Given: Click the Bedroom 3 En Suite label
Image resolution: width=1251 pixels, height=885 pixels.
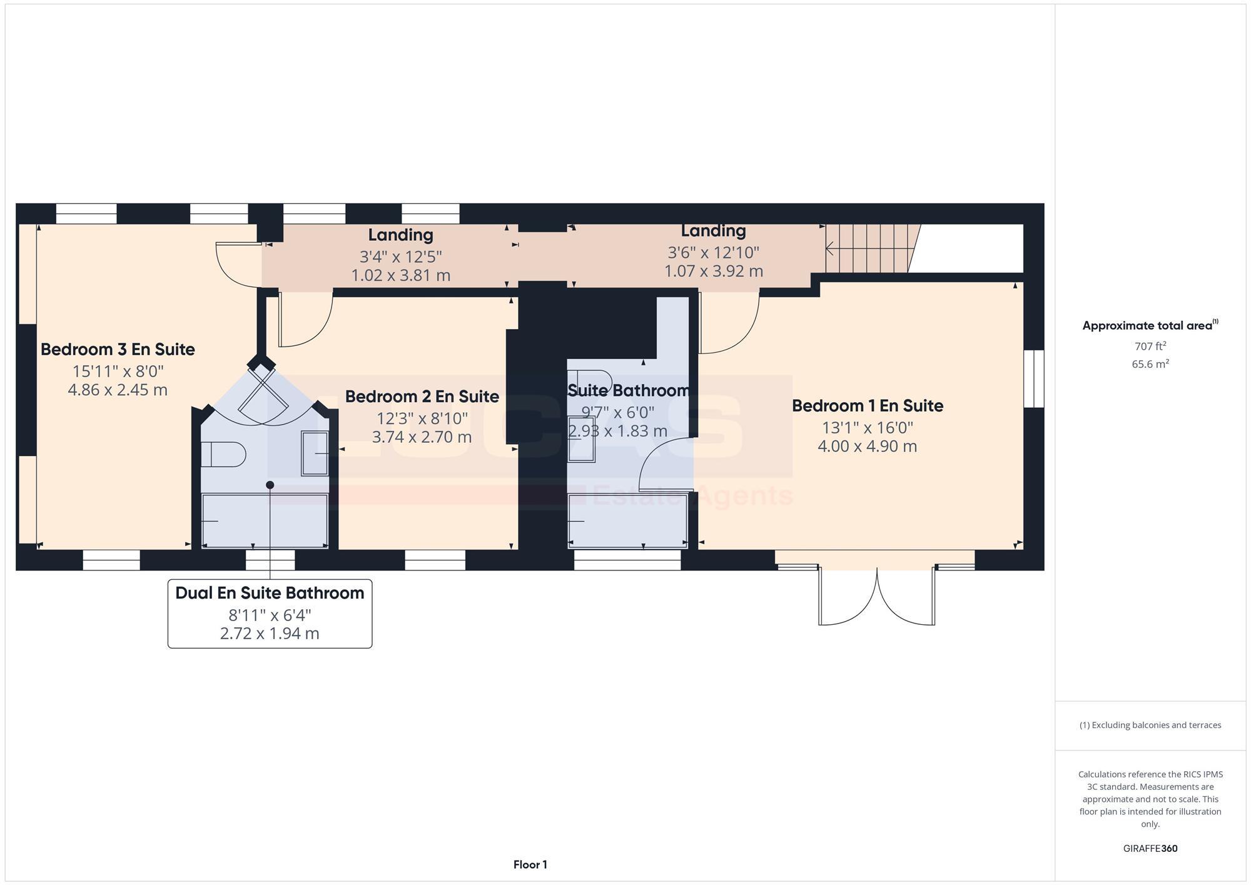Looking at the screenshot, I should point(118,349).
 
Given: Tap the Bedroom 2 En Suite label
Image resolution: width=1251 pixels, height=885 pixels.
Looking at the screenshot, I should point(422,397).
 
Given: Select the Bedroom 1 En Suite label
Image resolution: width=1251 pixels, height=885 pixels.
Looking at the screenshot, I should point(867,406).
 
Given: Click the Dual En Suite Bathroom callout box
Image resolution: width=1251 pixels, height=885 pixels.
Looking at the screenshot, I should point(270,614).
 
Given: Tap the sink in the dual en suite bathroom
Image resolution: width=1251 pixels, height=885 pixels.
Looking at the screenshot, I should point(315,453).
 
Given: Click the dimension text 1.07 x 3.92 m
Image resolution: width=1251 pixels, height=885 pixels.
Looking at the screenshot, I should point(713,271).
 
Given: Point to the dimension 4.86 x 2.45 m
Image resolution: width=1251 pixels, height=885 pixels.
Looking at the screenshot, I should point(118,390).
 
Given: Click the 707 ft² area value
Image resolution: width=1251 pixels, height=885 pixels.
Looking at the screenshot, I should point(1150,346).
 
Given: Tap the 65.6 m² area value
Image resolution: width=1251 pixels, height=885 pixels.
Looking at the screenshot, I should point(1150,364).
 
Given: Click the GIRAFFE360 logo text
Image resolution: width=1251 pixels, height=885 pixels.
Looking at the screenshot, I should point(1150,849).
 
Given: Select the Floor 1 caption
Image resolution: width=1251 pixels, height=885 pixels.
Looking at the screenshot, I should point(530,865).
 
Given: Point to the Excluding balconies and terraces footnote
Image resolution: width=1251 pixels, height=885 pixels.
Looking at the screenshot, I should point(1150,726).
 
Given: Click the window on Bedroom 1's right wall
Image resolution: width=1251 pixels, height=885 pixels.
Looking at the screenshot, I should point(1034,378).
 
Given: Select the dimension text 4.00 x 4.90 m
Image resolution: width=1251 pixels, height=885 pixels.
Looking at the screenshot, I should point(867,447).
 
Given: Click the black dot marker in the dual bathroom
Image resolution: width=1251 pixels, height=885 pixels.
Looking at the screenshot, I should point(270,485).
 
